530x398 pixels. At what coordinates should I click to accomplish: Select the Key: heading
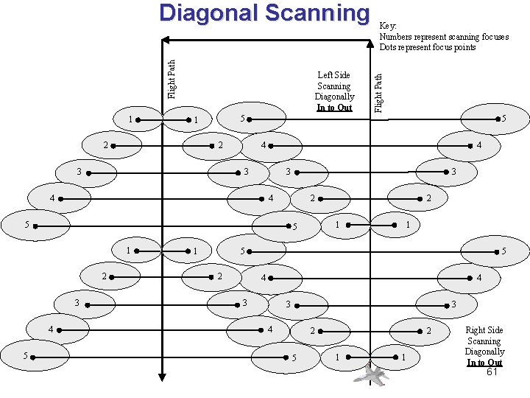[x=388, y=26]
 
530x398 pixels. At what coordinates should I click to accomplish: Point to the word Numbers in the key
[x=395, y=37]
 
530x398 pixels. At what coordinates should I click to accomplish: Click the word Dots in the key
[x=389, y=47]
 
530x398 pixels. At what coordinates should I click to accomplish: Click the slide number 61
[x=492, y=371]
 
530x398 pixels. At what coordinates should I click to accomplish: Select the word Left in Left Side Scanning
[x=325, y=75]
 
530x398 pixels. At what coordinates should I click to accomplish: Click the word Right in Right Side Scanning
[x=476, y=331]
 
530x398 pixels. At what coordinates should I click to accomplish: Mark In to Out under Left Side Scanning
[x=334, y=108]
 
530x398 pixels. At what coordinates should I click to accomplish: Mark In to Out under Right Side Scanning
[x=484, y=362]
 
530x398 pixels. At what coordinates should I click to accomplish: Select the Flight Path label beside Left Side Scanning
[x=378, y=92]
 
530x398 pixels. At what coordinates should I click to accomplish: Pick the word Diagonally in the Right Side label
[x=484, y=352]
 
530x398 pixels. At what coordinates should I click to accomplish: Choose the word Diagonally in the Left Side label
[x=334, y=97]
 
